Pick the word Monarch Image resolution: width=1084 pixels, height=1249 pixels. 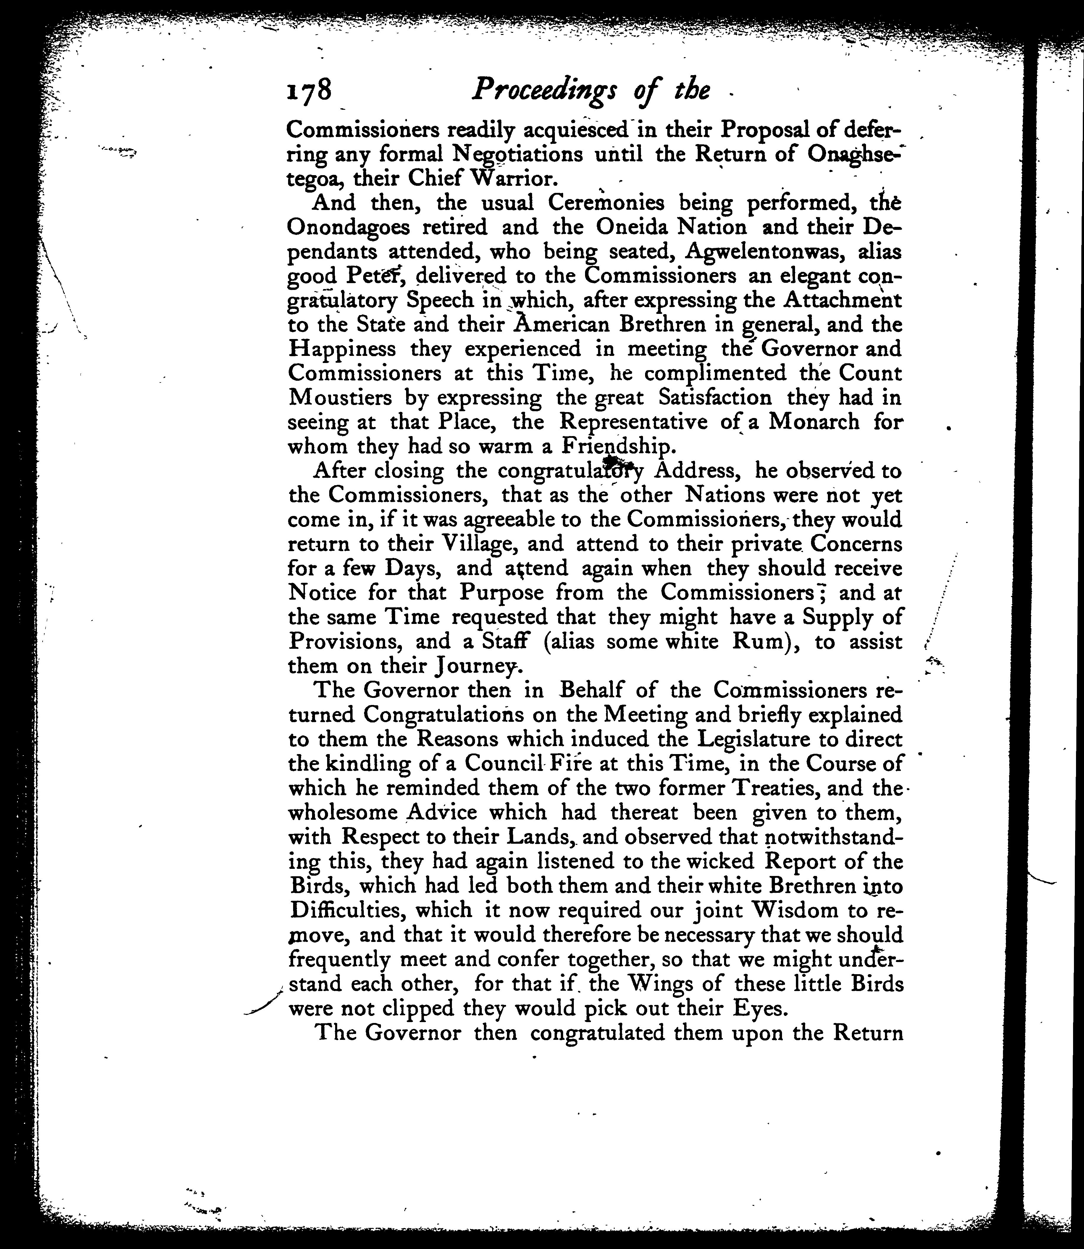[x=814, y=422]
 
